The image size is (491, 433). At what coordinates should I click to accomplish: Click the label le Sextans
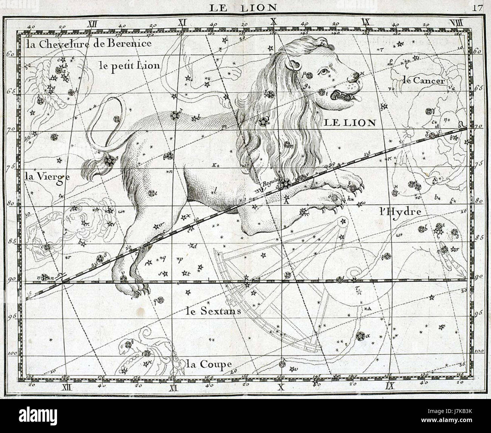[213, 311]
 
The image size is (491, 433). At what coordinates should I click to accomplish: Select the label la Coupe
[209, 364]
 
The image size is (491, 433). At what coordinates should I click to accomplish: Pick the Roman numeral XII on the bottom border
[66, 386]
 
